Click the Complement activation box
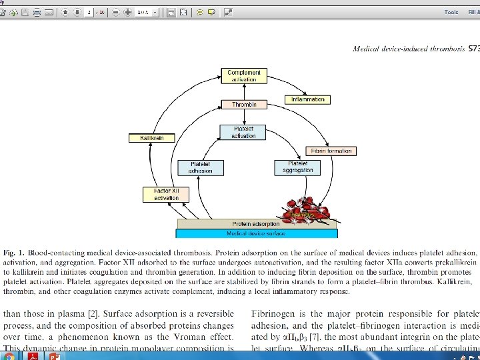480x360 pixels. (x=244, y=76)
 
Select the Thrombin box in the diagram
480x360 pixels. (x=244, y=105)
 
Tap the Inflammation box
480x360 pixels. (x=307, y=99)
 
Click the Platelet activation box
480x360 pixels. (x=243, y=132)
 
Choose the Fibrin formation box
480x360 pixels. (x=330, y=151)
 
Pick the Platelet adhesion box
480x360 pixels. (x=201, y=167)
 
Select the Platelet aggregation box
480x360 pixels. (x=298, y=167)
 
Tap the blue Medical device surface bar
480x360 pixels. (x=256, y=233)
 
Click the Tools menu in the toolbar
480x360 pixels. (x=451, y=12)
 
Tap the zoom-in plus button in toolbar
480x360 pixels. (x=127, y=12)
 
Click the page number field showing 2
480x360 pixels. (x=89, y=12)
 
